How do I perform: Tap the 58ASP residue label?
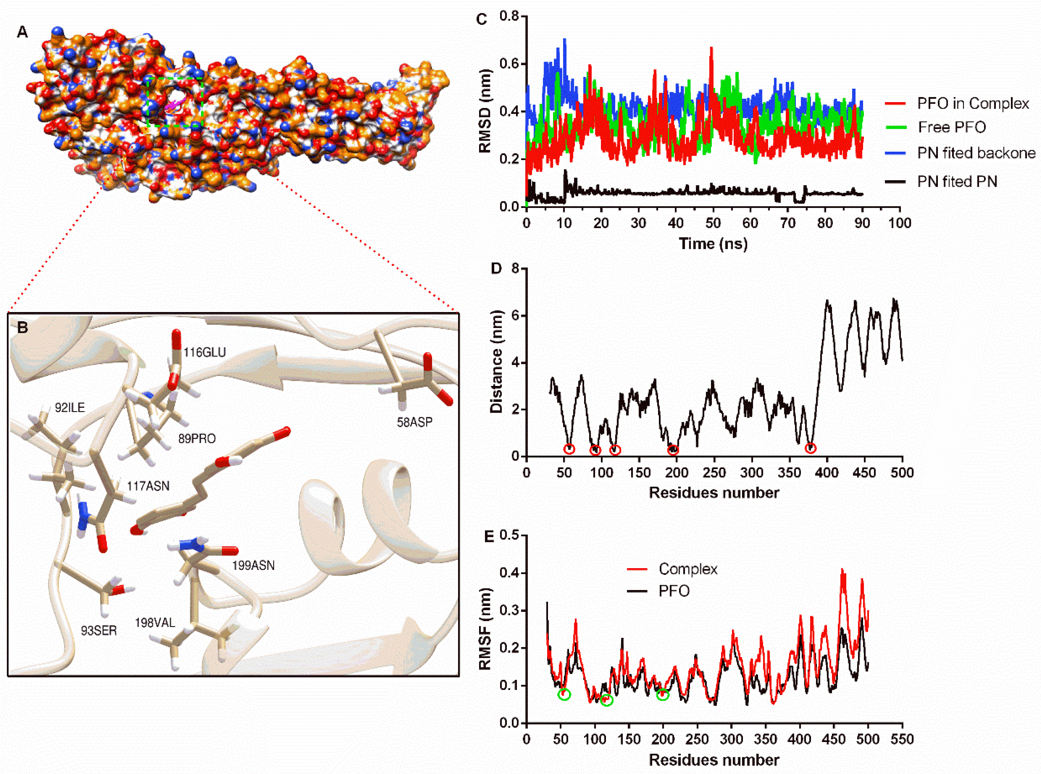click(x=414, y=422)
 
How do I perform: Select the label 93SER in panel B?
click(x=99, y=631)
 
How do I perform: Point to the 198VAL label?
click(x=155, y=623)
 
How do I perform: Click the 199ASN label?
click(x=253, y=566)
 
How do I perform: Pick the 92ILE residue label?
click(x=70, y=407)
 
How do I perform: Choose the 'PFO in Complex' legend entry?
click(x=973, y=103)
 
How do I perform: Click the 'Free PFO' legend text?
click(x=951, y=127)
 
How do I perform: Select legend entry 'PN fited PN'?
click(x=957, y=181)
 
